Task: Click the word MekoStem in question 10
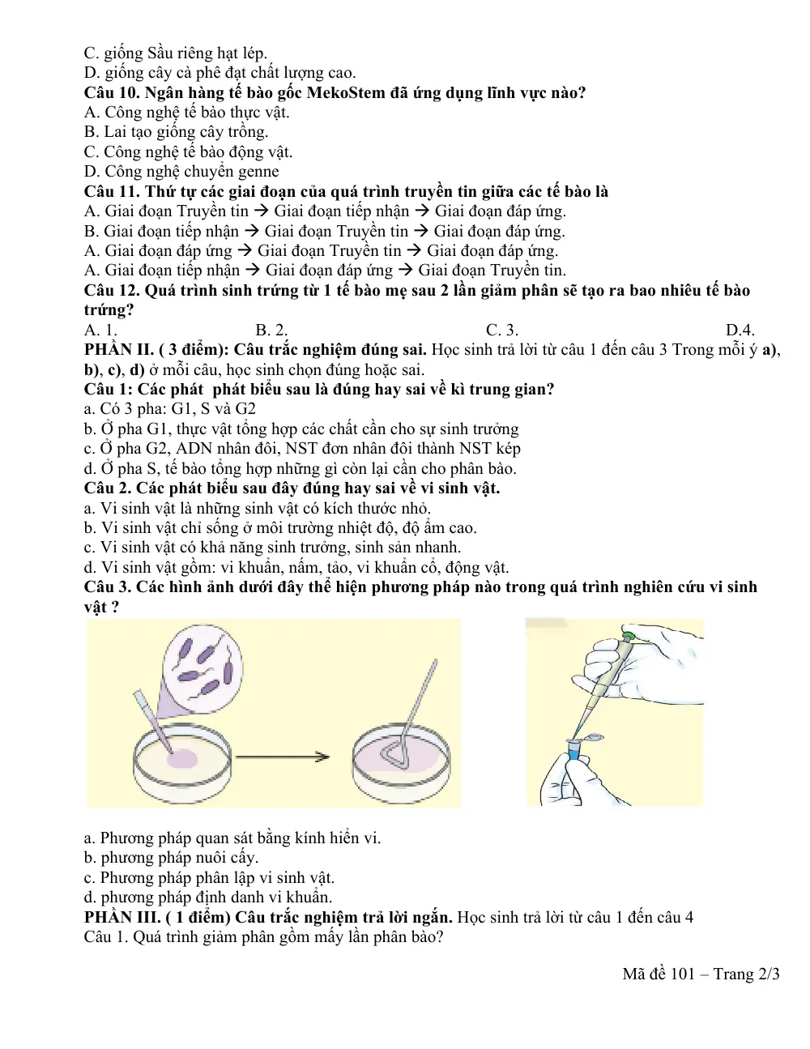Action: pyautogui.click(x=346, y=92)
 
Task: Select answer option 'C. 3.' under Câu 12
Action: pyautogui.click(x=502, y=330)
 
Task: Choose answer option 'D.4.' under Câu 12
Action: pyautogui.click(x=740, y=330)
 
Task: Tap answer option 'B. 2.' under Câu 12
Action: pyautogui.click(x=271, y=330)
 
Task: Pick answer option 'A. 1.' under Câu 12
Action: pyautogui.click(x=100, y=330)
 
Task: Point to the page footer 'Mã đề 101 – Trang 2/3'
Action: pyautogui.click(x=701, y=974)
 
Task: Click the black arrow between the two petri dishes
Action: pyautogui.click(x=283, y=757)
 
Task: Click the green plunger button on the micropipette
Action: pyautogui.click(x=629, y=635)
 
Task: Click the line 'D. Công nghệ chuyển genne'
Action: pyautogui.click(x=181, y=172)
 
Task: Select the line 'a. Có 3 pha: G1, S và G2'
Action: pyautogui.click(x=170, y=408)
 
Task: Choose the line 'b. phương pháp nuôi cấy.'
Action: pyautogui.click(x=172, y=857)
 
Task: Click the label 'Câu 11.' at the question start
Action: pyautogui.click(x=112, y=191)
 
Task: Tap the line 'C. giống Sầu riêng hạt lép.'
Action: pyautogui.click(x=176, y=53)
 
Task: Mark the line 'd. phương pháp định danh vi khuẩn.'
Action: pyautogui.click(x=208, y=897)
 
